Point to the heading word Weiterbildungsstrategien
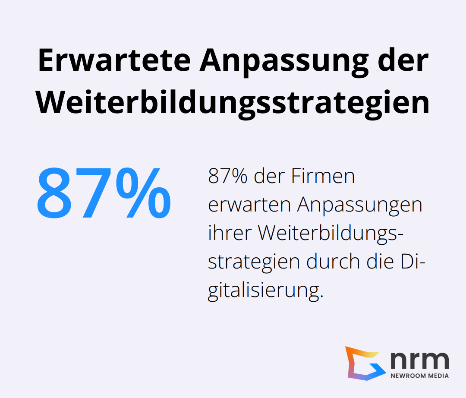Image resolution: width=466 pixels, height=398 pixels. click(x=233, y=103)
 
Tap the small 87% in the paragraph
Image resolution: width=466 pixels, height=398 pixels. click(x=227, y=177)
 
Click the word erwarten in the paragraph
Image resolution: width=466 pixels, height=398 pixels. click(x=249, y=205)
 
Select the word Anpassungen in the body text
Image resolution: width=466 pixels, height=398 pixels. click(x=359, y=205)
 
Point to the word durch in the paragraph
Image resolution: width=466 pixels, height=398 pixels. click(x=331, y=262)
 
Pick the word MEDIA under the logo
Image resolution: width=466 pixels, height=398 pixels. click(x=438, y=376)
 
